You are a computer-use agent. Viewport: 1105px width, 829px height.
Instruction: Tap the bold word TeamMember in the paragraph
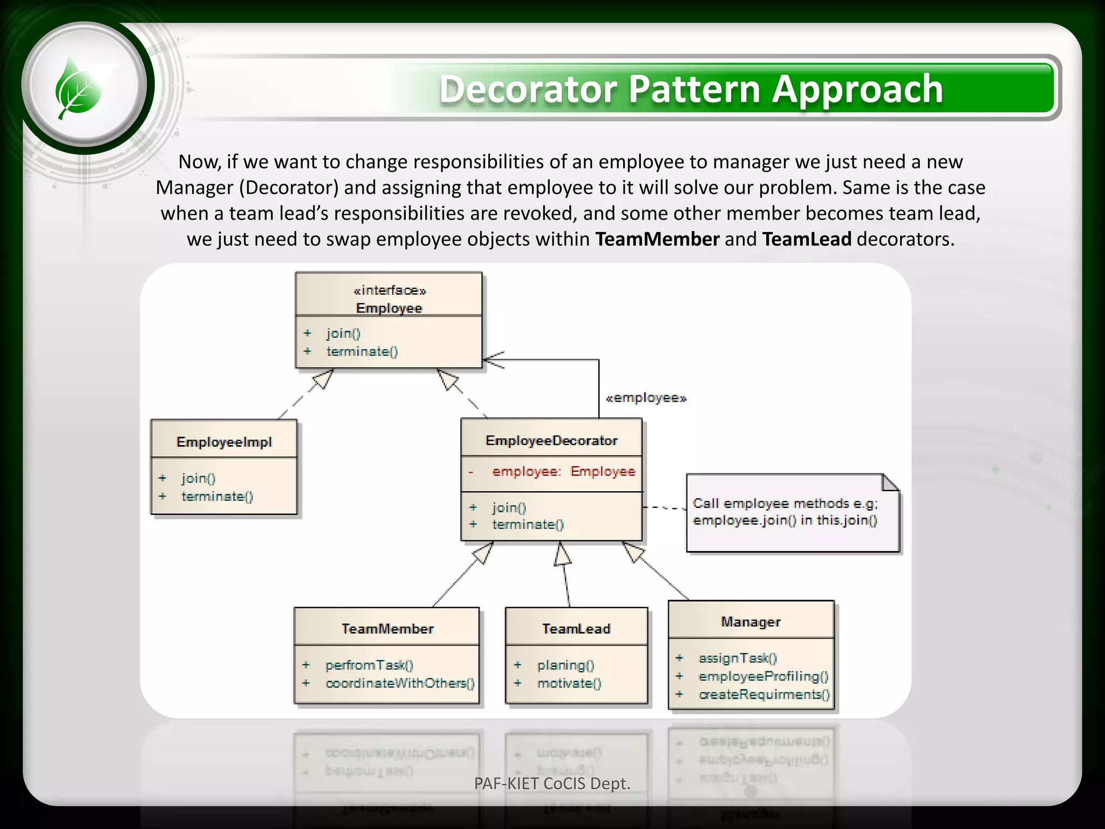pos(657,239)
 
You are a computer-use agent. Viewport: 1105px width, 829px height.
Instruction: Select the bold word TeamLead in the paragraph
pos(806,239)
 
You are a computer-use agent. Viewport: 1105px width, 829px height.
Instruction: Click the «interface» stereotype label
pos(390,290)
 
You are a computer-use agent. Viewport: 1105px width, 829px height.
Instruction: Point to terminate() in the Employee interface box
pos(362,351)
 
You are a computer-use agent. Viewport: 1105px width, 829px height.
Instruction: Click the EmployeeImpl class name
pos(224,442)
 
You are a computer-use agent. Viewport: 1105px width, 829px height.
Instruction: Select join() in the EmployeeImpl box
pos(199,478)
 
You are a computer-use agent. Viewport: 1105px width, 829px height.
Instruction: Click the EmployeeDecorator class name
pos(551,440)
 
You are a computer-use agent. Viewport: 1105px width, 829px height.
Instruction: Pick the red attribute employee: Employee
pos(563,471)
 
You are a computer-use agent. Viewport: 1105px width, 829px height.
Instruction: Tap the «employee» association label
pos(646,398)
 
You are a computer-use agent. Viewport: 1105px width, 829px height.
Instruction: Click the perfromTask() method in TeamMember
pos(369,665)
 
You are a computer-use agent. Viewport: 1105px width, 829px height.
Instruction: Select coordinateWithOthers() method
pos(400,683)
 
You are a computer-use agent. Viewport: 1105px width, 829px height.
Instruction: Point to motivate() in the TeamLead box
pos(569,683)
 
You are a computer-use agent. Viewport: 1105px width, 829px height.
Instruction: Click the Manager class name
pos(751,622)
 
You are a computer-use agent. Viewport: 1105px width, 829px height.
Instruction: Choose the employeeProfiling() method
pos(763,676)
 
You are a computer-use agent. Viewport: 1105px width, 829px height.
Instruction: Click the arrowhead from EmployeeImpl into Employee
pos(323,379)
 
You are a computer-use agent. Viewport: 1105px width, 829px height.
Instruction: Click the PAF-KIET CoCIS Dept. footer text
pos(552,783)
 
